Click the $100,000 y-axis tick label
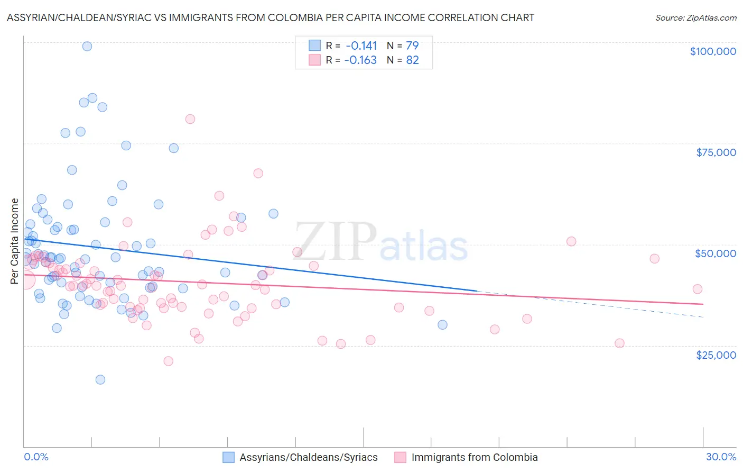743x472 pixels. [712, 51]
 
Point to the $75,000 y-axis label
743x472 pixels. [716, 152]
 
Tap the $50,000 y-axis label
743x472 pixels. [715, 253]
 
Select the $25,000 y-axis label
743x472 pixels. [716, 355]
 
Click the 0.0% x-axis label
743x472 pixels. [36, 457]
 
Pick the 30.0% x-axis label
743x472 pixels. [721, 457]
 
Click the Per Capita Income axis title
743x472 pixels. [15, 241]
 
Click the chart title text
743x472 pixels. [270, 17]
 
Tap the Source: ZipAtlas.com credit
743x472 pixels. [695, 18]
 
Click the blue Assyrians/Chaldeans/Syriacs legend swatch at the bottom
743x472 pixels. [228, 457]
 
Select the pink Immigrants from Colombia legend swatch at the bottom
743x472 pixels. [400, 457]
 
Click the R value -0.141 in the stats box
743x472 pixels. [361, 46]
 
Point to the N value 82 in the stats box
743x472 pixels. [412, 60]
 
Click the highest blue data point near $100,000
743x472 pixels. [87, 46]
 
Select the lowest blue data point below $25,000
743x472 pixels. [100, 379]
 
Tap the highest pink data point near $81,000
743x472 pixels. [190, 119]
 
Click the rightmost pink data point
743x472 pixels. [697, 289]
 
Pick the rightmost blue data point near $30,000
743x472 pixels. [442, 325]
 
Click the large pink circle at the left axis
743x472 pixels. [25, 279]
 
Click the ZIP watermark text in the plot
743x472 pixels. [335, 241]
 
